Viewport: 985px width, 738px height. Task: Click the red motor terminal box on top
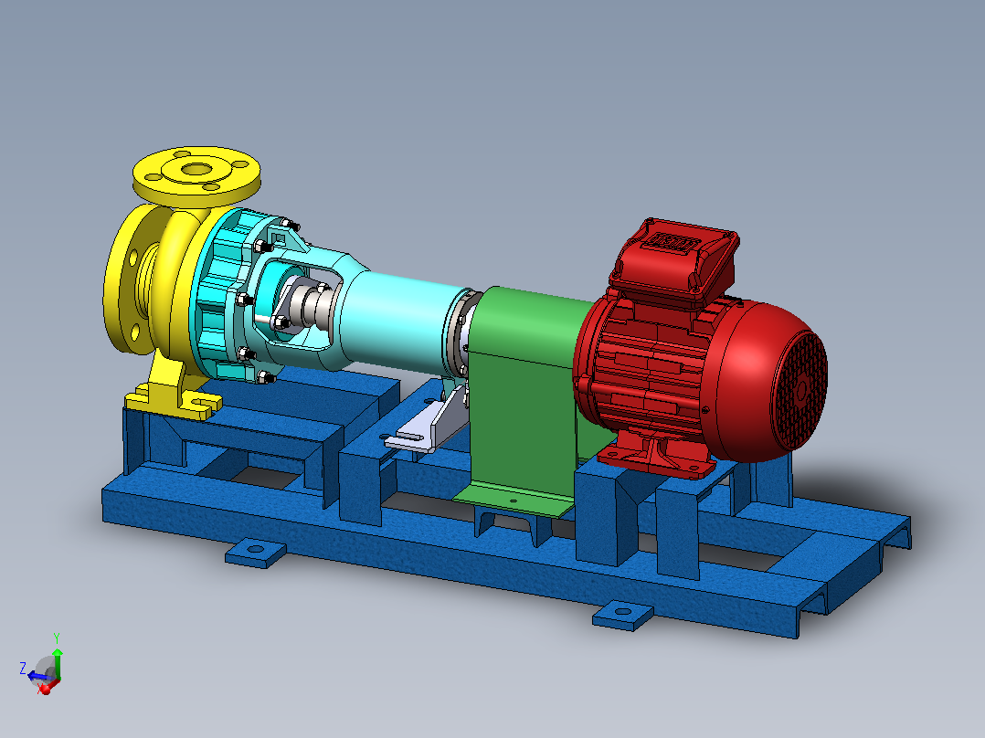pyautogui.click(x=674, y=260)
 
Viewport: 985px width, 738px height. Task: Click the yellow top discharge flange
pyautogui.click(x=196, y=175)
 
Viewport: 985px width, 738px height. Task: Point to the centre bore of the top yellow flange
pyautogui.click(x=197, y=169)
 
